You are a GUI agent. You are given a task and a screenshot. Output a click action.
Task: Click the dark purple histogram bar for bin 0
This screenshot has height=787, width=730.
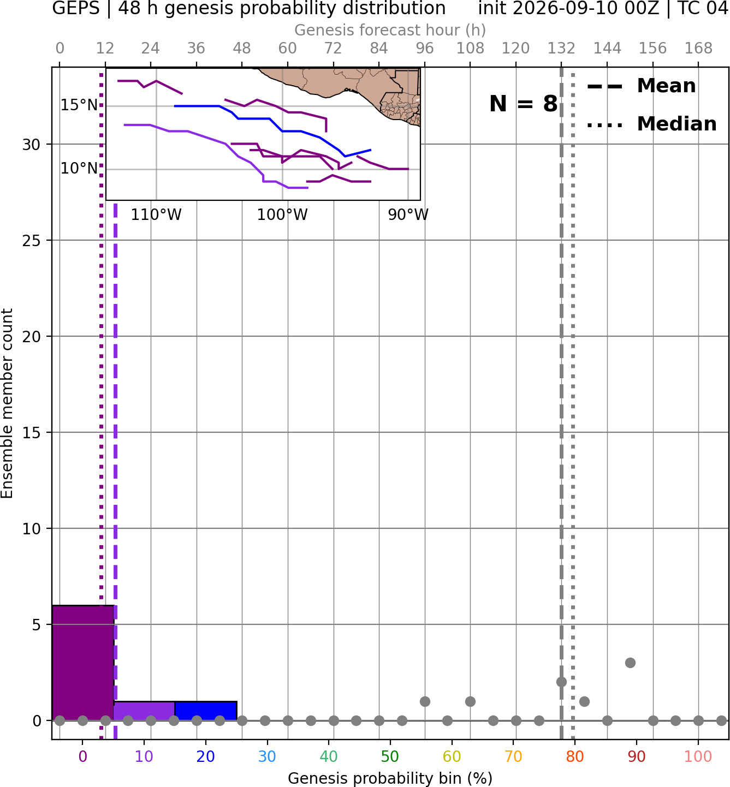[83, 663]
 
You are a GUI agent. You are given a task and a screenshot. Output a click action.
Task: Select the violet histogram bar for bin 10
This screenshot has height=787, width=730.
[144, 711]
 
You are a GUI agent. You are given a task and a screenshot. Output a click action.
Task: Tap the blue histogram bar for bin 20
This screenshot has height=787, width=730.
[206, 711]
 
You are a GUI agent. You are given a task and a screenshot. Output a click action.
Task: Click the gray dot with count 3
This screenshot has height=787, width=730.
[630, 663]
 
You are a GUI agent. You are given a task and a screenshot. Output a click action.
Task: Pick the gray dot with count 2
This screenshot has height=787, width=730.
[561, 682]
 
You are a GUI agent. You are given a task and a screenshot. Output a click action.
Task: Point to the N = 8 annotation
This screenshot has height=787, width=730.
[524, 104]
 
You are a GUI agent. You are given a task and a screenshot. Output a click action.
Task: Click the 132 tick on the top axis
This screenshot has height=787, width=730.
[561, 49]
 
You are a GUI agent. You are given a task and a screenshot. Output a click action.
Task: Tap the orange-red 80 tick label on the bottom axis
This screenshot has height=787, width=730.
[575, 756]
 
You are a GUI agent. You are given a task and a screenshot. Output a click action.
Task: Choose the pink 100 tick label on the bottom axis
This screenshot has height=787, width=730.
[698, 756]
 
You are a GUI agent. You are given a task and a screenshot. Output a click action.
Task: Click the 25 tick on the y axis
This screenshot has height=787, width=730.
[32, 241]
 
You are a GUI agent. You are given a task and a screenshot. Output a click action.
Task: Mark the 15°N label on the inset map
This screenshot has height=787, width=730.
[79, 105]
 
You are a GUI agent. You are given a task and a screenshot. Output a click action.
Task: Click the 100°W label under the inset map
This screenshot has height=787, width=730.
[282, 215]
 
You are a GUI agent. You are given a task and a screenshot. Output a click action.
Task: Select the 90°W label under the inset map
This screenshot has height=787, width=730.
[408, 215]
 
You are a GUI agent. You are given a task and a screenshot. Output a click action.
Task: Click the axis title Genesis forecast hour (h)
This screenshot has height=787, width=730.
[390, 30]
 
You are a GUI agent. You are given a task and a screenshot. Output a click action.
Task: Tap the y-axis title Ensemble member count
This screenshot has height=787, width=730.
[7, 403]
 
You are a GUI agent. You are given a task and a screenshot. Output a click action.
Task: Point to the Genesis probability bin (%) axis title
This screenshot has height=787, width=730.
[390, 778]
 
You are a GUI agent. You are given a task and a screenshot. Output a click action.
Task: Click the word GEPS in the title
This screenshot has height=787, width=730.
[76, 8]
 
